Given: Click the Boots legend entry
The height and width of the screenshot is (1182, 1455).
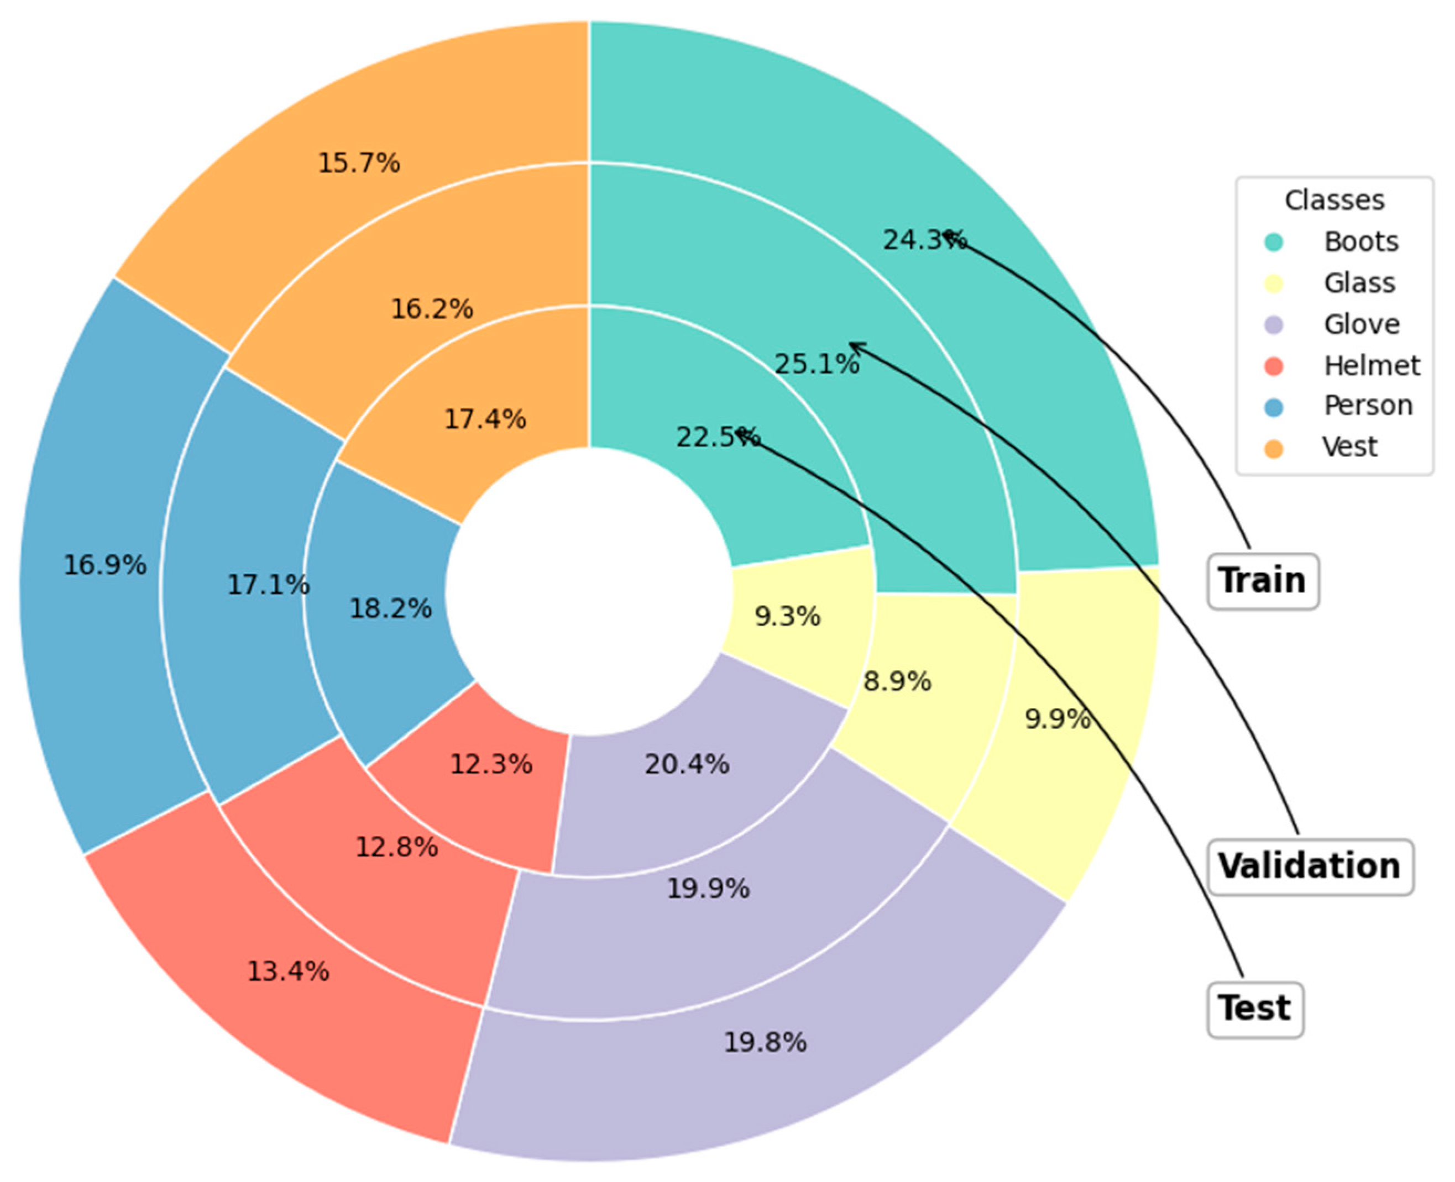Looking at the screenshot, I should point(1360,241).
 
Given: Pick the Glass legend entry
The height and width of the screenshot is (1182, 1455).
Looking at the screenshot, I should point(1359,282).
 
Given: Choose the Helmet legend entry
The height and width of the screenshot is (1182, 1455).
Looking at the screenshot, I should point(1371,366).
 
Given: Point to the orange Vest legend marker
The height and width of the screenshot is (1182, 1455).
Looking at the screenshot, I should point(1273,448).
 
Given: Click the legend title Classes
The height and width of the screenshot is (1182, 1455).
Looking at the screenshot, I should point(1334,200).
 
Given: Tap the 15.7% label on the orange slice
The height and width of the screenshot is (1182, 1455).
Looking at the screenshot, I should point(359,164).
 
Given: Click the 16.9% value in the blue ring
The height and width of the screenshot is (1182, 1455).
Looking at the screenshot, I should point(105,565).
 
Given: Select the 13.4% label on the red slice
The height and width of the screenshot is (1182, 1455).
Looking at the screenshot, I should point(288,971).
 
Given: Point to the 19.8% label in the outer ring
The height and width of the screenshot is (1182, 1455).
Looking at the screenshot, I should point(765,1042).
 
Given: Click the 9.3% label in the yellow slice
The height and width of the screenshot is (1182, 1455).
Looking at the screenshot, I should point(787,617).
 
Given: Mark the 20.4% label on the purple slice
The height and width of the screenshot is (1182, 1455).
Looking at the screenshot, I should point(687,765).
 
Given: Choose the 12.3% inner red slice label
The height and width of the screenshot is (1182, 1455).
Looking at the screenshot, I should point(491,765).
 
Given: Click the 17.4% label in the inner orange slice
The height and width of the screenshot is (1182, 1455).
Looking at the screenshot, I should point(485,419).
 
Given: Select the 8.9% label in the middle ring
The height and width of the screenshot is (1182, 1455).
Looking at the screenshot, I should point(897,681).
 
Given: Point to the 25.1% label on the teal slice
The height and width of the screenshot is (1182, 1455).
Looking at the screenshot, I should point(817,365).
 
